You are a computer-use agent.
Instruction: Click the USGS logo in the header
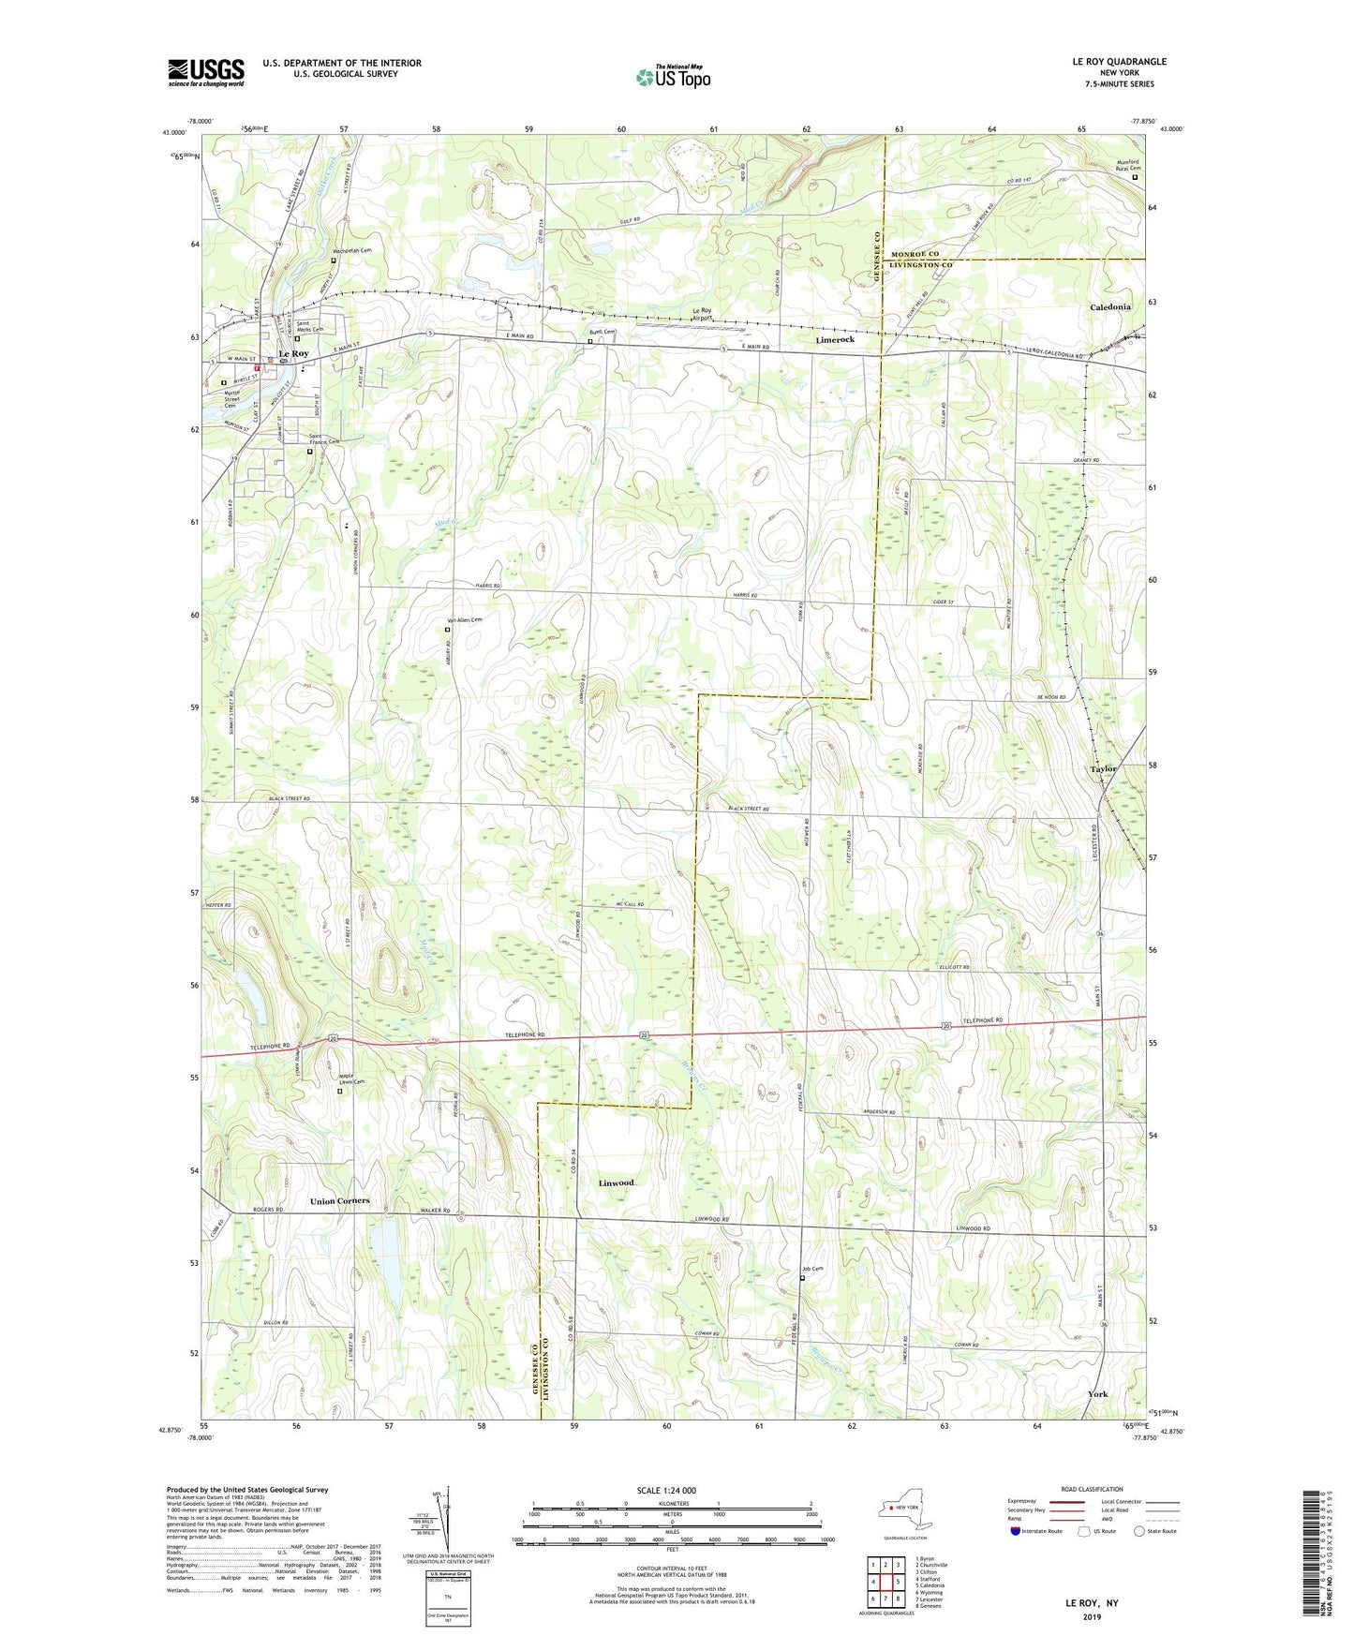click(205, 72)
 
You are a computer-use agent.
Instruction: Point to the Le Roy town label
click(293, 353)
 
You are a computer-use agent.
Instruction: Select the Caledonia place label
click(1109, 307)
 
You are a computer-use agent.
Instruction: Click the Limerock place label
click(834, 340)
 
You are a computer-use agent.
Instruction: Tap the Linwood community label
click(617, 1182)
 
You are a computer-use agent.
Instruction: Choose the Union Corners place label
click(339, 1200)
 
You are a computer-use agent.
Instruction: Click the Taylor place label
click(1103, 768)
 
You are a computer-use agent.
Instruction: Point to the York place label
click(1097, 1393)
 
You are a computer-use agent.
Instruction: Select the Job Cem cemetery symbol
click(802, 1277)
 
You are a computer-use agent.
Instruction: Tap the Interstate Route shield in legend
click(1015, 1531)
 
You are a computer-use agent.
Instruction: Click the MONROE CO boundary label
click(915, 254)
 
